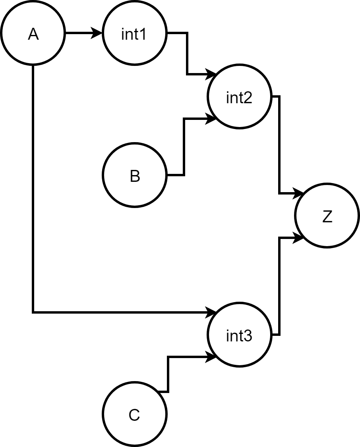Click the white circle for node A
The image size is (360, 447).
click(33, 33)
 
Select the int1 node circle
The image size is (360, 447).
click(134, 33)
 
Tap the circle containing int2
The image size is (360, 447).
click(240, 97)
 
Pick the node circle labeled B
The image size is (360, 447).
click(134, 175)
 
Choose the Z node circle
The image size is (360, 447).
click(327, 216)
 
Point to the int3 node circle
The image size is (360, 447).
click(240, 335)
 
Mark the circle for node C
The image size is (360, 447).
click(134, 414)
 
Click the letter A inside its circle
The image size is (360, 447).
click(33, 35)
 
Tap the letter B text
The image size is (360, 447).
click(135, 177)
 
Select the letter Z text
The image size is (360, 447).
click(327, 217)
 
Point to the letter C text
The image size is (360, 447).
click(134, 416)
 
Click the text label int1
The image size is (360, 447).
click(134, 35)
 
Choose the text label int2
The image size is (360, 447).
click(239, 98)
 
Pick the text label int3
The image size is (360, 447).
click(239, 336)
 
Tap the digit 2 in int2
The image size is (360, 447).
click(248, 98)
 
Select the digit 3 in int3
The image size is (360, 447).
click(248, 336)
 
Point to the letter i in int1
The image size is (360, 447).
click(123, 35)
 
